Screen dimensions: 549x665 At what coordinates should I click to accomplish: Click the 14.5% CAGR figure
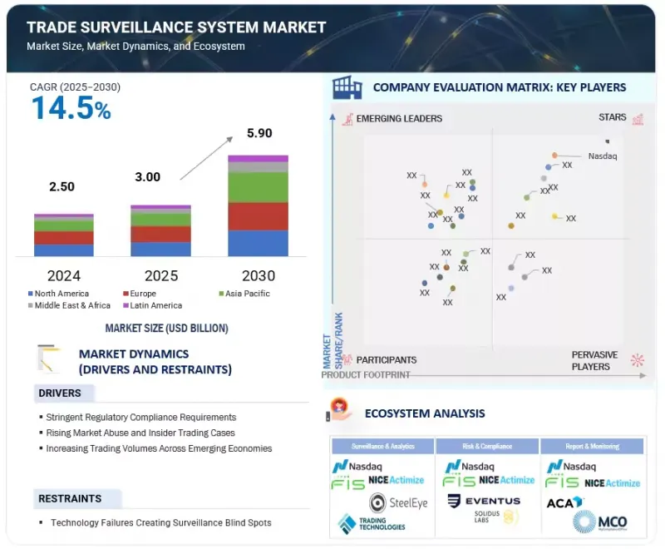71,109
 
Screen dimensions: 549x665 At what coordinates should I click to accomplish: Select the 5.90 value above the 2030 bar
259,133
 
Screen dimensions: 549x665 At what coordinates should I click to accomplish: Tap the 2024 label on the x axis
63,275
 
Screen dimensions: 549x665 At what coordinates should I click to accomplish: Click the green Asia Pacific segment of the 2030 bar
259,187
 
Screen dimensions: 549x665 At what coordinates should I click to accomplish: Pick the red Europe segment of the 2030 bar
259,216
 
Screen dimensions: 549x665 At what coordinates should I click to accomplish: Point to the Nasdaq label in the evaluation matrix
603,156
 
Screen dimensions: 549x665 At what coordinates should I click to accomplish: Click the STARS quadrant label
613,118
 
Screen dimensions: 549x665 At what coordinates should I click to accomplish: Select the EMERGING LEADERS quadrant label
399,119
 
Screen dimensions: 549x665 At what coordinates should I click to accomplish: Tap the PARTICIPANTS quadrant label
387,360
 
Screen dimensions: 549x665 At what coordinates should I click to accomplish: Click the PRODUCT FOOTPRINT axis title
366,375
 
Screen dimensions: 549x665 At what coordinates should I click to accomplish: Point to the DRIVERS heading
60,393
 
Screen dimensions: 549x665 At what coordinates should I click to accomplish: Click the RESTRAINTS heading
70,498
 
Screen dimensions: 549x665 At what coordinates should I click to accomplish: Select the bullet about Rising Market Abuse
141,433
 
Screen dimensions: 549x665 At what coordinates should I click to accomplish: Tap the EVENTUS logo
484,502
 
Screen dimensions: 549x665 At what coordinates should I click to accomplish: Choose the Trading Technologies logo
372,523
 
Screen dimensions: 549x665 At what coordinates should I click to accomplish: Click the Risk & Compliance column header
487,447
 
